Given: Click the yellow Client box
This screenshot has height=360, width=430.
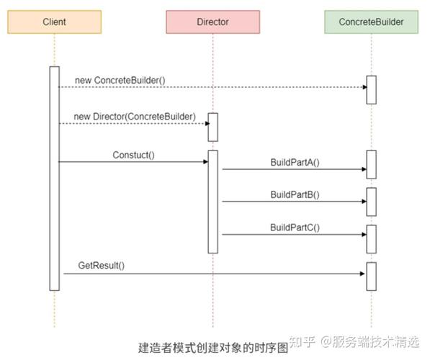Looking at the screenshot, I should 54,22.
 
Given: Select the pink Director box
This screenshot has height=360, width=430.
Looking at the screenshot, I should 212,22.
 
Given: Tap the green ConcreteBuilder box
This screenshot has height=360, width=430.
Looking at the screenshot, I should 371,22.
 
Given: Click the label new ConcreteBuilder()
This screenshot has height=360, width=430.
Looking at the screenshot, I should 120,78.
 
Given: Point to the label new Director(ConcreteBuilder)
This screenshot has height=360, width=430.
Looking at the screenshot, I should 134,116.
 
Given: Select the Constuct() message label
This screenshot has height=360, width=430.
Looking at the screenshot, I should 134,155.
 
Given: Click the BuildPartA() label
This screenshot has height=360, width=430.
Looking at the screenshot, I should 295,163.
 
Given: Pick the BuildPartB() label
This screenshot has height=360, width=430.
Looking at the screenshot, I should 295,194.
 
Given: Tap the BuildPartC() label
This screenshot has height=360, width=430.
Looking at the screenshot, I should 295,228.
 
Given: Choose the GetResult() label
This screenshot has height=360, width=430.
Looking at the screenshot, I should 102,266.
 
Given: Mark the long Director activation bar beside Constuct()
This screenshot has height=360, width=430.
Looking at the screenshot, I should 212,202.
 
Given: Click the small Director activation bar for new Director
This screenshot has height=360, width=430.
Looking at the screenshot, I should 212,127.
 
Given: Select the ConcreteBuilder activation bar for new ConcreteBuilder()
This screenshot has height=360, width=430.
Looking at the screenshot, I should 371,89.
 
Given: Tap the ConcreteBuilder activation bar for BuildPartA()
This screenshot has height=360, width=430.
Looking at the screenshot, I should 371,164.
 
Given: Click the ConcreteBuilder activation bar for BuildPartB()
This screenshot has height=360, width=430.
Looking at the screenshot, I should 371,202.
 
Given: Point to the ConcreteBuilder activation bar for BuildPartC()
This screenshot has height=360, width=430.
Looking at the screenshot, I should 371,239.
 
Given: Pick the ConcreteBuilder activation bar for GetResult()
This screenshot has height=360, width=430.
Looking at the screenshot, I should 371,276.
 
